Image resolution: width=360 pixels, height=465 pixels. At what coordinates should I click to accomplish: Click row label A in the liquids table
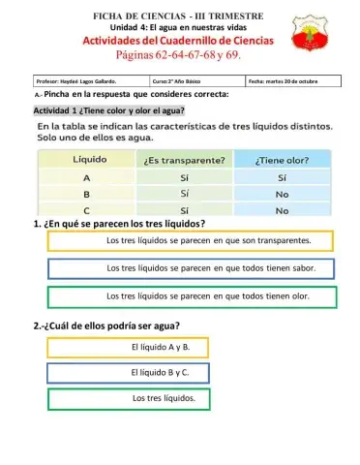(x=86, y=178)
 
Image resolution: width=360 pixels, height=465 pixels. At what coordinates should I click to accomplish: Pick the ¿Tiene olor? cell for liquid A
(x=283, y=178)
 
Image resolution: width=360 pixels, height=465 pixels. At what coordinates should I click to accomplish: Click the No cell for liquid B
(x=283, y=194)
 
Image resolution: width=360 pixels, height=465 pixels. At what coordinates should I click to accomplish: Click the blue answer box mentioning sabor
(x=191, y=268)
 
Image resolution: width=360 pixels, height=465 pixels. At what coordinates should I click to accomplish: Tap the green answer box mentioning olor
(x=191, y=295)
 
